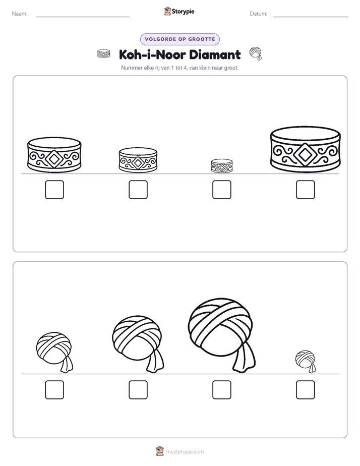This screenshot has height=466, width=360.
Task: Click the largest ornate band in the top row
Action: click(x=306, y=149)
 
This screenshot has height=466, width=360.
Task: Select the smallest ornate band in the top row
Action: click(x=221, y=166)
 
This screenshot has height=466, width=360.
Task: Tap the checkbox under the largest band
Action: click(x=306, y=190)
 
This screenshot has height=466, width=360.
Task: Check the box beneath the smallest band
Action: click(x=221, y=190)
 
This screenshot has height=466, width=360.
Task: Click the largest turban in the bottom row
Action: click(x=221, y=330)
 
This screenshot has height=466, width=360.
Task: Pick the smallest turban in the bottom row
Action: click(x=306, y=361)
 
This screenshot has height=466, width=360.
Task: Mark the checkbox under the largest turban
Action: click(x=221, y=390)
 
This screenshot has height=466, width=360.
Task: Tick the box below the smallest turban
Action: click(x=306, y=390)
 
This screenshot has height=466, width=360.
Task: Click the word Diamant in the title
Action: click(x=215, y=54)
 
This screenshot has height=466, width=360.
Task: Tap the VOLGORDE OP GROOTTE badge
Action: click(x=179, y=39)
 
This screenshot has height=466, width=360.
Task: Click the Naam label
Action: click(x=20, y=14)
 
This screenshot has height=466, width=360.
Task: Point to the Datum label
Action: click(x=259, y=14)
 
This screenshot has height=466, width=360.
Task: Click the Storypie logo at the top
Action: click(x=179, y=11)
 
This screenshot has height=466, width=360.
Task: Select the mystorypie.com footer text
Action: click(x=185, y=452)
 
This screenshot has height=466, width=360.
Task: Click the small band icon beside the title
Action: click(x=104, y=54)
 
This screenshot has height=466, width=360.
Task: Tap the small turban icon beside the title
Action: click(x=256, y=53)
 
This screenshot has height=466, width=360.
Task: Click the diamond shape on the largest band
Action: click(x=305, y=154)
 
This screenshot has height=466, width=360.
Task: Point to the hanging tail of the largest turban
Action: click(x=244, y=357)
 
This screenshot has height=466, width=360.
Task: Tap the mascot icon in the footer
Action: click(x=160, y=451)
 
